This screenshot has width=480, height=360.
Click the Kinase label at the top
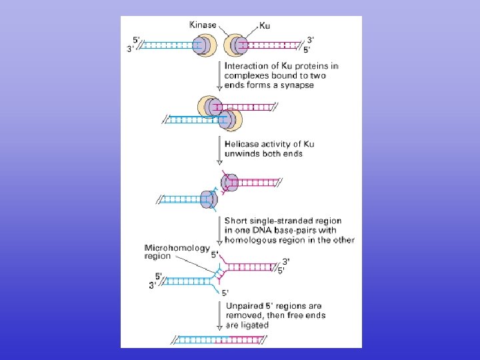point(203,25)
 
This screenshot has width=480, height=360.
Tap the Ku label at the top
point(265,25)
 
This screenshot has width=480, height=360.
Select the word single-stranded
point(279,221)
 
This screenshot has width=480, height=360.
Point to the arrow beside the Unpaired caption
point(219,315)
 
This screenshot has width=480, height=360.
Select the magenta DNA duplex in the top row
point(273,45)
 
